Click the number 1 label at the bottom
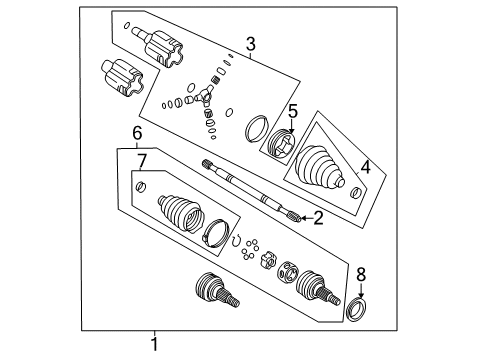155,345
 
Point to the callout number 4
365,169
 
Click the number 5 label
293,111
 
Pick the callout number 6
123,131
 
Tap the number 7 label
141,161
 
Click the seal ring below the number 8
357,306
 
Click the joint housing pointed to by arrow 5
281,146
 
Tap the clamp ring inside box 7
215,233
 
